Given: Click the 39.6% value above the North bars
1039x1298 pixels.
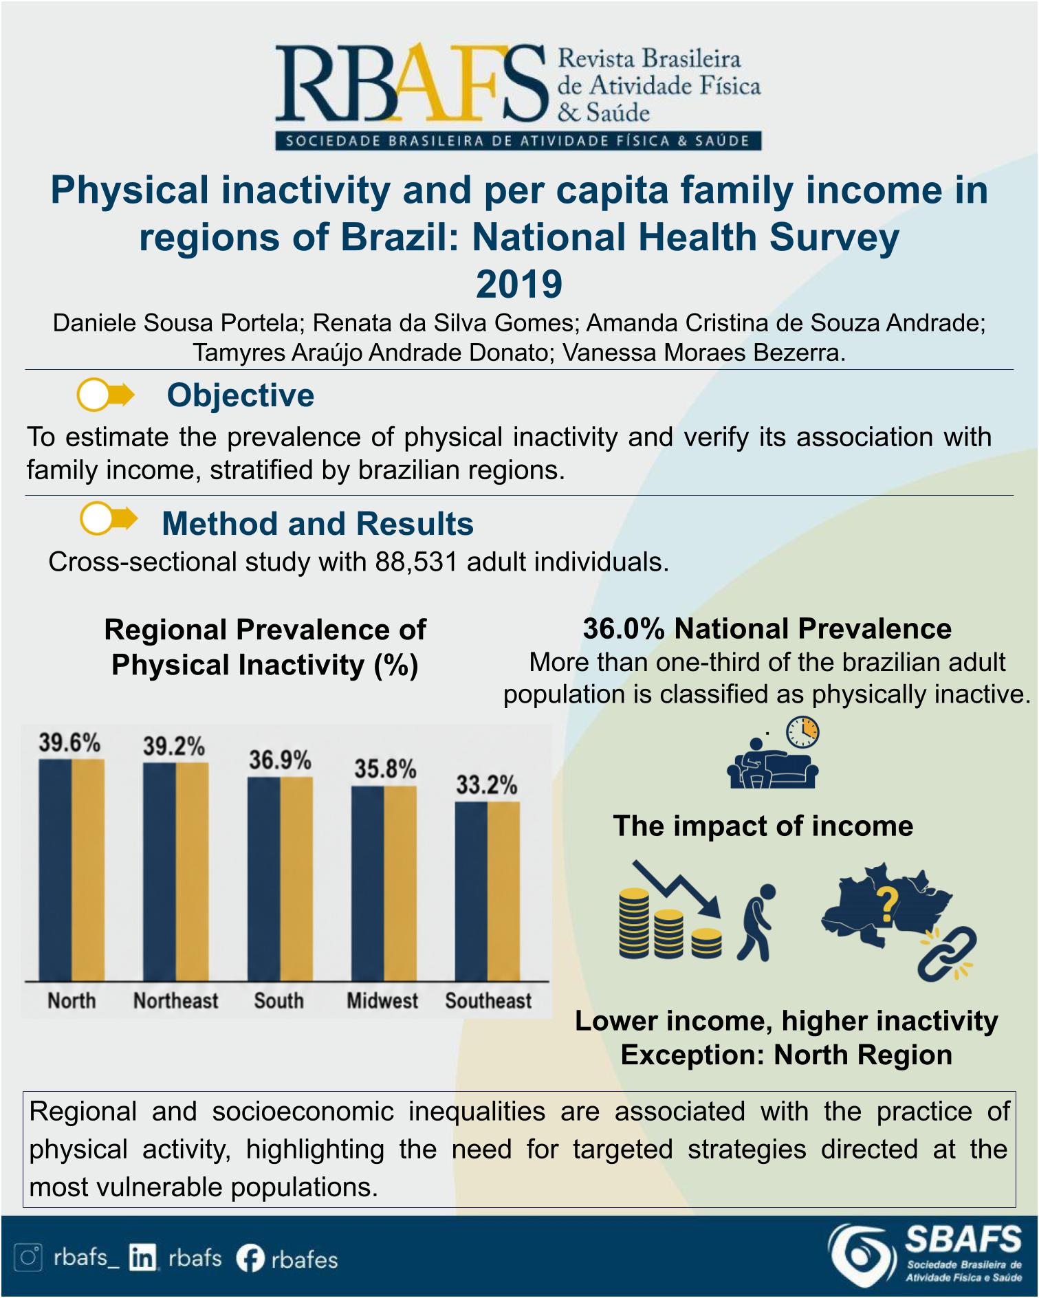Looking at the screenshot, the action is point(69,743).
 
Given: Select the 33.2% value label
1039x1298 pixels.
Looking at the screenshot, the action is point(487,785).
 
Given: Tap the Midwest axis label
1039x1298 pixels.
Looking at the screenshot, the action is point(382,1000).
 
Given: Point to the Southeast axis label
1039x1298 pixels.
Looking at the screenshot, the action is point(488,1000).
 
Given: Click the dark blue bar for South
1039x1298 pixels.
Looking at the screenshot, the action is point(264,879).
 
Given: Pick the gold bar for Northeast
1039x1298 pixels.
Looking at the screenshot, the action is point(193,872).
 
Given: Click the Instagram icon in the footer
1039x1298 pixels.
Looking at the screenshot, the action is point(30,1257).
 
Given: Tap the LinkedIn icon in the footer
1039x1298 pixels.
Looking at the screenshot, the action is point(142,1258).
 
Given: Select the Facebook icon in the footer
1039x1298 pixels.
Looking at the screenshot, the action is point(250,1258).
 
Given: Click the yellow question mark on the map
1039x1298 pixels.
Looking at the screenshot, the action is point(887,905).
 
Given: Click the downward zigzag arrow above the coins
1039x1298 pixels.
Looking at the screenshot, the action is point(677,888).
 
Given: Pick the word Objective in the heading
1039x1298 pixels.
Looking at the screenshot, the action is point(241,395).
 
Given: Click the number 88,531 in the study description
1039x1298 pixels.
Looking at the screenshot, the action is point(416,562).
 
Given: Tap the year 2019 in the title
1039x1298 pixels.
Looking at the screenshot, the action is point(519,284).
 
